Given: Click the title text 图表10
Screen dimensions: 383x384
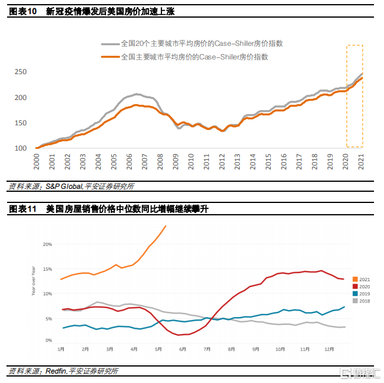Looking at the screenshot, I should (x=21, y=12).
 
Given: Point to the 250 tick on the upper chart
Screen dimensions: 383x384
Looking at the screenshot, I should (x=21, y=72).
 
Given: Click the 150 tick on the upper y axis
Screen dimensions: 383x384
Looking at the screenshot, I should (x=21, y=123).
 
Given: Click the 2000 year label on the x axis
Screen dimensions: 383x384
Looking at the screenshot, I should (x=37, y=161).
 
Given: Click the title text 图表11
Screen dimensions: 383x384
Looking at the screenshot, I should (x=21, y=209).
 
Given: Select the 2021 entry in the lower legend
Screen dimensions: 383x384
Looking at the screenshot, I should (x=362, y=279).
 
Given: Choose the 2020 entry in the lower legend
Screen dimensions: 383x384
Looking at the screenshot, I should (x=362, y=287).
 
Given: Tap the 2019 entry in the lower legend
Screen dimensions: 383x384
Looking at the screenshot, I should (x=362, y=294).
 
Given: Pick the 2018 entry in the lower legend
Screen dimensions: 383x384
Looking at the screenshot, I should (x=362, y=301).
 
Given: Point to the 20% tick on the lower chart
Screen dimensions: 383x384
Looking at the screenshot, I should (x=48, y=244).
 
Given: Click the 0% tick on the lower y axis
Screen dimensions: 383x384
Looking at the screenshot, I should (x=49, y=341).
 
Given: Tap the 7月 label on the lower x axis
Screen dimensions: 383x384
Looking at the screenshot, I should (x=207, y=349).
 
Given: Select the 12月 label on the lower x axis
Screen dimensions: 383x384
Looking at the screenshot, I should (x=328, y=349).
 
